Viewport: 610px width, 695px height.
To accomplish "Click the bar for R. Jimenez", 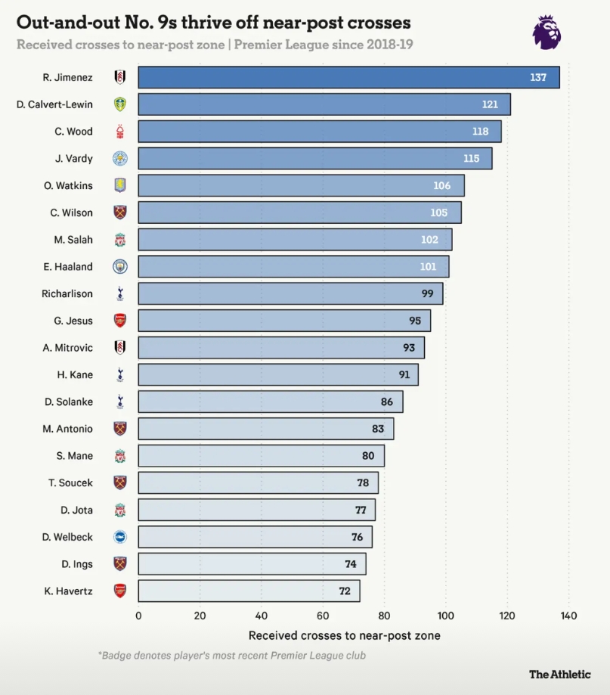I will [x=348, y=77].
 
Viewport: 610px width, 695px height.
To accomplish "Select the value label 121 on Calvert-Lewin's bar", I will [x=490, y=104].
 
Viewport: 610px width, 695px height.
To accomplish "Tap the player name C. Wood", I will [x=73, y=132].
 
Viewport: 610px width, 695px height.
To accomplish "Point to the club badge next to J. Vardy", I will [x=119, y=158].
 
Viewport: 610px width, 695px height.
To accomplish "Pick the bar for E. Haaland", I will [x=293, y=266].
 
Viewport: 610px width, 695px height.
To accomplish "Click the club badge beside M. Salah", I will [x=119, y=240].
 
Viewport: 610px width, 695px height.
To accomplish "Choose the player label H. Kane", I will [x=75, y=374].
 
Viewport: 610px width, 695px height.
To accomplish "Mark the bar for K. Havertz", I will [x=249, y=591].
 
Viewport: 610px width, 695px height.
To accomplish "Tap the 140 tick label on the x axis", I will [x=568, y=616].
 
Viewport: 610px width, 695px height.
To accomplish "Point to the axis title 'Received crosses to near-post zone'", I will [x=344, y=635].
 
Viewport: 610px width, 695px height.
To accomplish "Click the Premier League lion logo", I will [x=547, y=33].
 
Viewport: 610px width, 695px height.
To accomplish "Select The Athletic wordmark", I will [x=559, y=674].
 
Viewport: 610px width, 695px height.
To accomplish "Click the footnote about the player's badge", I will [x=231, y=656].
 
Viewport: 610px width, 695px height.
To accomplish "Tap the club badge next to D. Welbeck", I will [x=119, y=537].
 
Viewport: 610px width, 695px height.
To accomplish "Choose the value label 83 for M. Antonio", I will [x=378, y=429].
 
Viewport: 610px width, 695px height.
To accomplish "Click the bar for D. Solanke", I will [x=271, y=402].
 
